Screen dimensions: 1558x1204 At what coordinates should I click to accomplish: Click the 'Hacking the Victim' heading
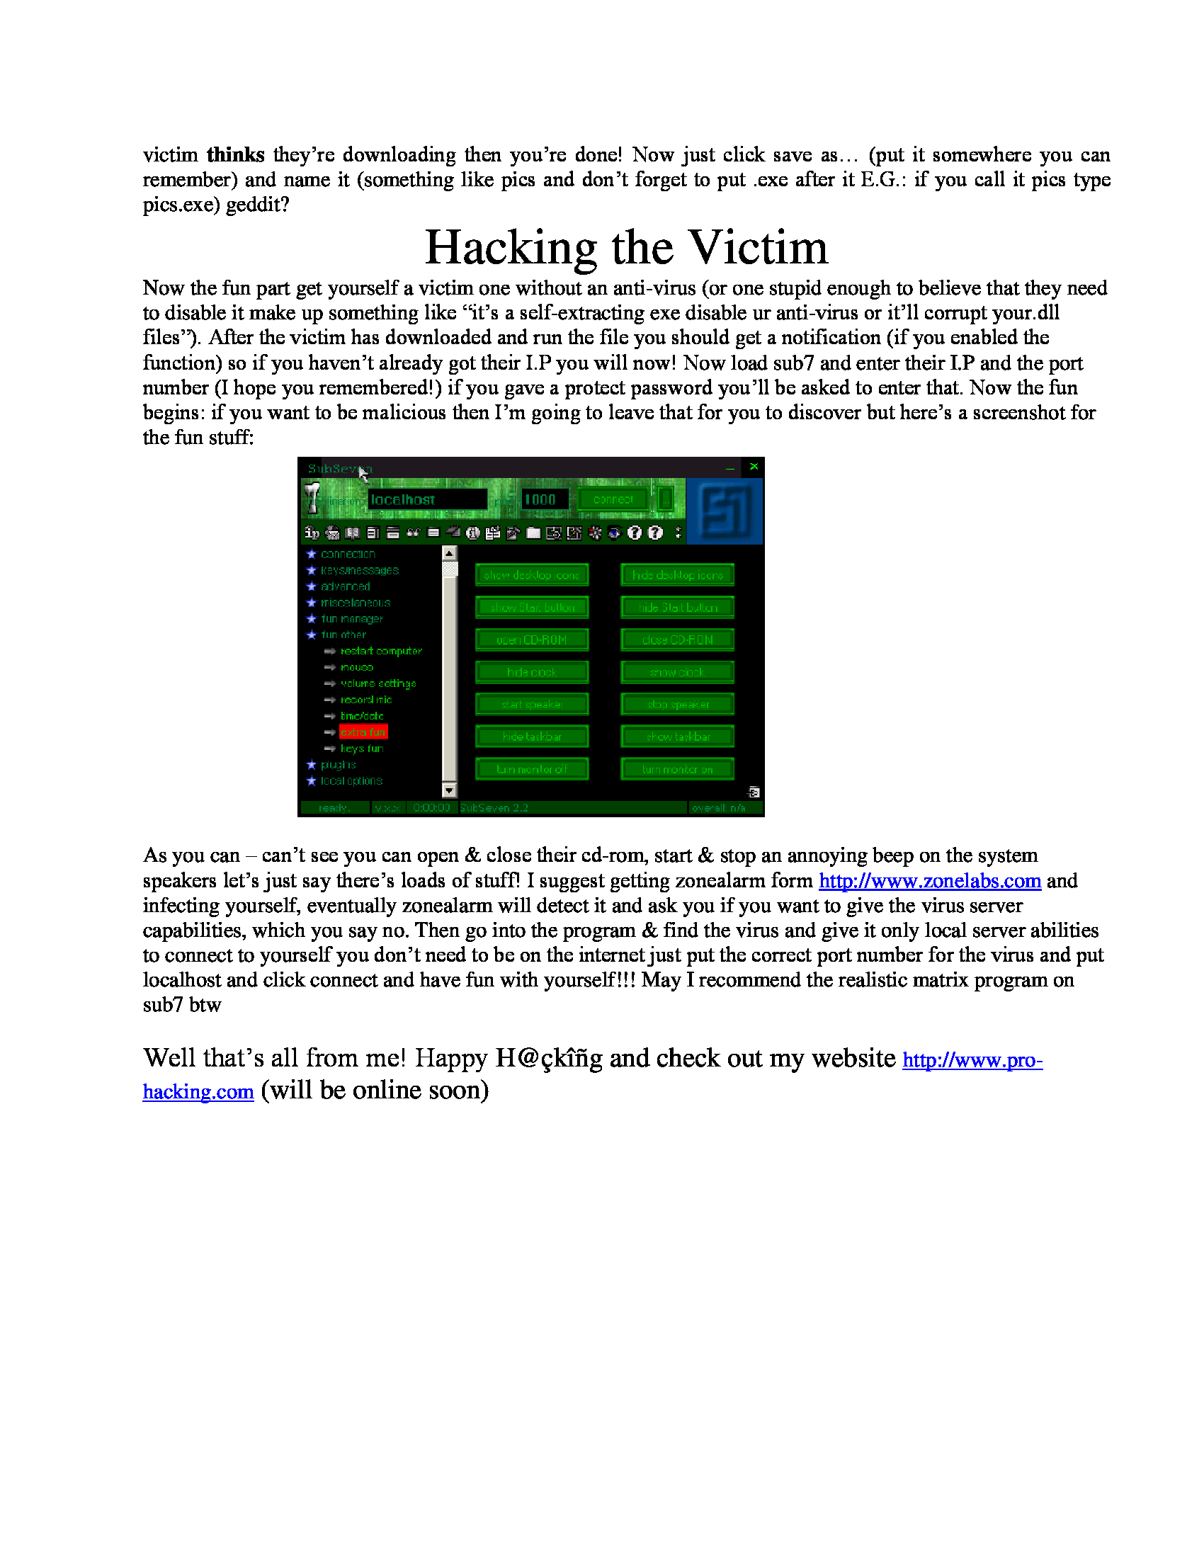tap(626, 248)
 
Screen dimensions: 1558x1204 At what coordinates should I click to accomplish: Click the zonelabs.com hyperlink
tap(929, 881)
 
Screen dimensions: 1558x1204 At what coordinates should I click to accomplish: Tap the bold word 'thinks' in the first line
tap(235, 155)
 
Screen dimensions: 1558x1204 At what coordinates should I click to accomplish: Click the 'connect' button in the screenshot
tap(613, 499)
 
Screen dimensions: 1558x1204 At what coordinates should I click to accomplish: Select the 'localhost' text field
tap(426, 499)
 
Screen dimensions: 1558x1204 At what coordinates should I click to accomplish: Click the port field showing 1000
tap(544, 499)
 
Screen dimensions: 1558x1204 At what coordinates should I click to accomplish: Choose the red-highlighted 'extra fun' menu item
tap(363, 732)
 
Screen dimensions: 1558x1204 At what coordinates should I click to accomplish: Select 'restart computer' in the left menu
tap(381, 651)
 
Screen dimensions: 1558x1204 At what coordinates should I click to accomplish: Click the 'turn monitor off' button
tap(532, 769)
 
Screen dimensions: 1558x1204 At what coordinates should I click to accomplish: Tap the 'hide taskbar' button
tap(532, 737)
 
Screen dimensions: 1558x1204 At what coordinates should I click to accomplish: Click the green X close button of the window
tap(754, 467)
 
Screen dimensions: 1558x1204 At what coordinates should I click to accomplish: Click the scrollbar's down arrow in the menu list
tap(448, 790)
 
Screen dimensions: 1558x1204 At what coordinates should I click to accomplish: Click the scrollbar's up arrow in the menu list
tap(448, 553)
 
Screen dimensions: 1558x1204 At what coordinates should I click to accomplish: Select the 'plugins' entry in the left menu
tap(338, 765)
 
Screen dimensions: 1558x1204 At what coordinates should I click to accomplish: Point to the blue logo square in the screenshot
tap(725, 511)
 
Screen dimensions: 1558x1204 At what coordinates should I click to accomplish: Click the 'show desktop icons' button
tap(532, 575)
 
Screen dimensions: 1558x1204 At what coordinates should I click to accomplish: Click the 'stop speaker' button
tap(678, 704)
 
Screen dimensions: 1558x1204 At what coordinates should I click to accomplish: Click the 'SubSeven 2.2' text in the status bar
tap(494, 807)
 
